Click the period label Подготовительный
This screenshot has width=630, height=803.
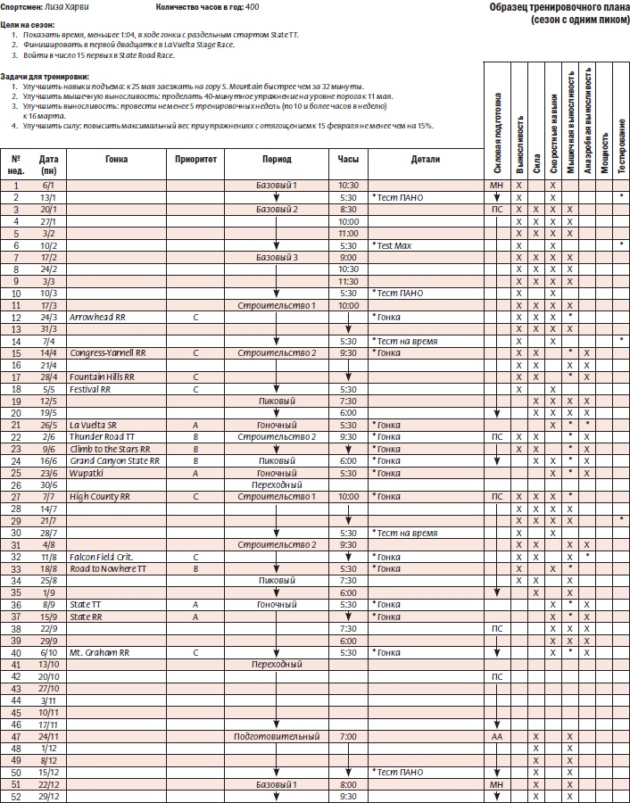click(x=277, y=737)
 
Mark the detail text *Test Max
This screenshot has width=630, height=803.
click(x=393, y=244)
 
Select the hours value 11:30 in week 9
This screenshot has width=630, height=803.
click(x=349, y=280)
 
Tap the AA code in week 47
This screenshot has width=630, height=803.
click(x=498, y=737)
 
